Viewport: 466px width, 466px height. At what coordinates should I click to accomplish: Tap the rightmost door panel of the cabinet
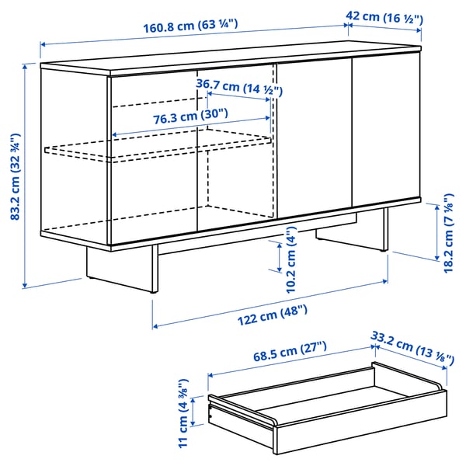[386, 132]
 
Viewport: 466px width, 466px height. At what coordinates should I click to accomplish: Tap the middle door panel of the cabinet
[315, 140]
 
